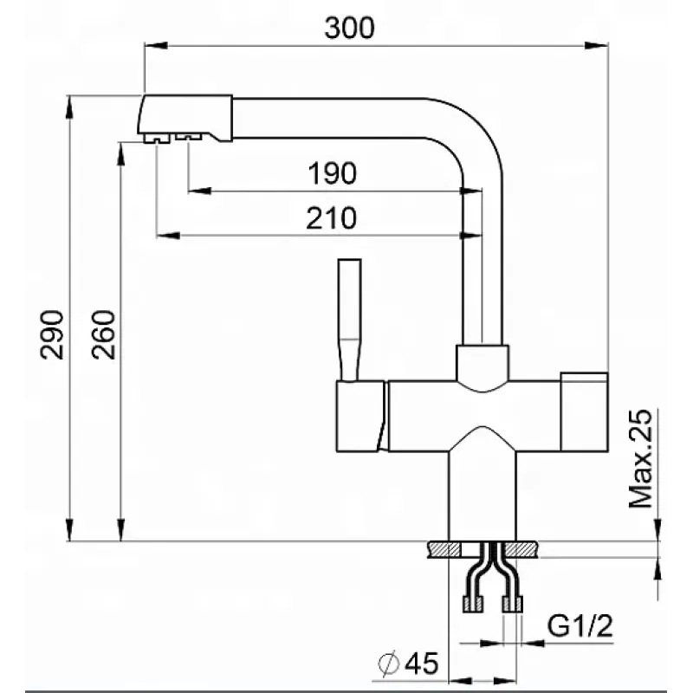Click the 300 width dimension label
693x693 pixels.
click(350, 28)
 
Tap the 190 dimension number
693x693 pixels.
click(333, 172)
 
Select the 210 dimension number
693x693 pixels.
click(332, 217)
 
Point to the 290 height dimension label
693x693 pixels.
click(52, 334)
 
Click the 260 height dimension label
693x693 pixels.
click(104, 334)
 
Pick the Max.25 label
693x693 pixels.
click(640, 459)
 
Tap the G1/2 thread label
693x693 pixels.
click(580, 625)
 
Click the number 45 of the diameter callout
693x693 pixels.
click(422, 663)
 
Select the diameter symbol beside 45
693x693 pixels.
click(389, 663)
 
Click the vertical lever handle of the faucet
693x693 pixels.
click(350, 320)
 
